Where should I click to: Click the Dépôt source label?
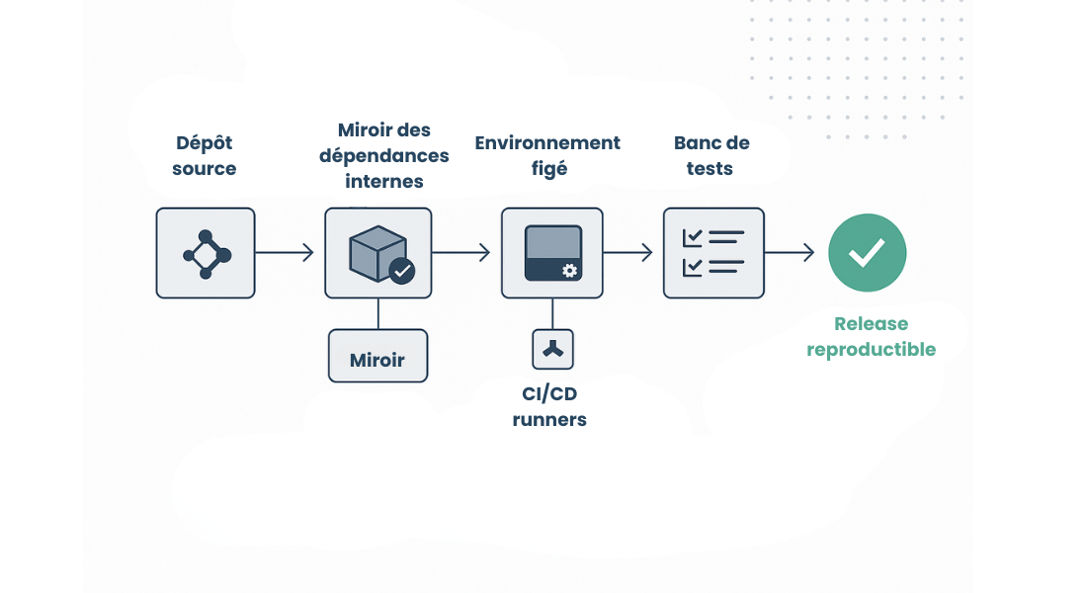(205, 155)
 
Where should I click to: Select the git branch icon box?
(206, 253)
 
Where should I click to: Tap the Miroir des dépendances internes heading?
(384, 155)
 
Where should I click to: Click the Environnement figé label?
(547, 155)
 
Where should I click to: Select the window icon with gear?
(552, 253)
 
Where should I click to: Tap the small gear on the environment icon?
(569, 271)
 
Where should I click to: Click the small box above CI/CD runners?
(552, 349)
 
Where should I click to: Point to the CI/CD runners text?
(549, 406)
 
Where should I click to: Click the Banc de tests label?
(711, 155)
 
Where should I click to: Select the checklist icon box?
(713, 253)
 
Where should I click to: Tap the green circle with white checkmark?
(867, 253)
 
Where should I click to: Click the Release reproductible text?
(871, 336)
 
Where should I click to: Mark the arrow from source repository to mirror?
(285, 253)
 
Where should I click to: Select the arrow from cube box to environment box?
(460, 253)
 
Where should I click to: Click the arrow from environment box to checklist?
(628, 253)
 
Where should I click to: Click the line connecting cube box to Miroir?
(377, 313)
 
